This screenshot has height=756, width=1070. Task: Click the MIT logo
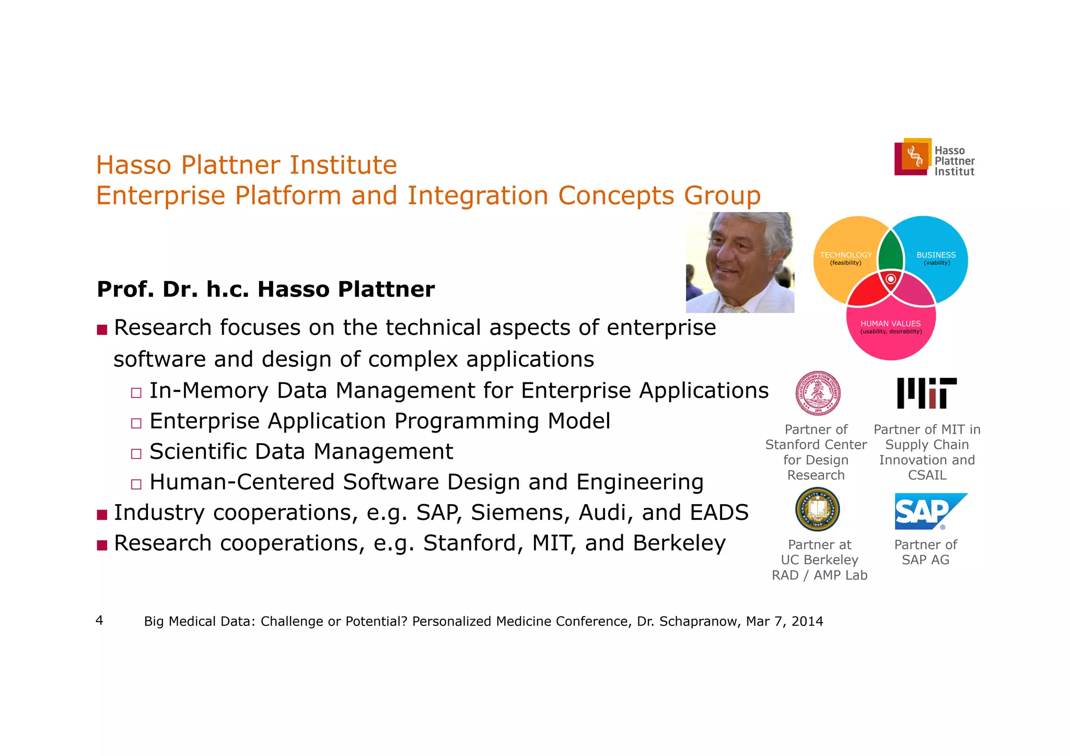point(926,393)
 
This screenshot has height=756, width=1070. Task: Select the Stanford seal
point(818,393)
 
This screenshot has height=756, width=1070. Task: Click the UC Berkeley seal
point(817,509)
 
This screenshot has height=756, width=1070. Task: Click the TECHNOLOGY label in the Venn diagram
point(845,255)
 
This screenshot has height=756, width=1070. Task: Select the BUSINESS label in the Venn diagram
point(936,255)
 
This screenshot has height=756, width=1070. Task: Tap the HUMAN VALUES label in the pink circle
point(890,324)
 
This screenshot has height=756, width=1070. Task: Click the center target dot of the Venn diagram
point(891,279)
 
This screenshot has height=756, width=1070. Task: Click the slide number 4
point(99,620)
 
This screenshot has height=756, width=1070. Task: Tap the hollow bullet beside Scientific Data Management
point(136,453)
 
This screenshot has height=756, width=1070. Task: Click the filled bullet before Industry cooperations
point(102,515)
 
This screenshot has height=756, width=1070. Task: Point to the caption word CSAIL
point(927,475)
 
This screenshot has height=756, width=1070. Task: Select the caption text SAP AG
point(925,560)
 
